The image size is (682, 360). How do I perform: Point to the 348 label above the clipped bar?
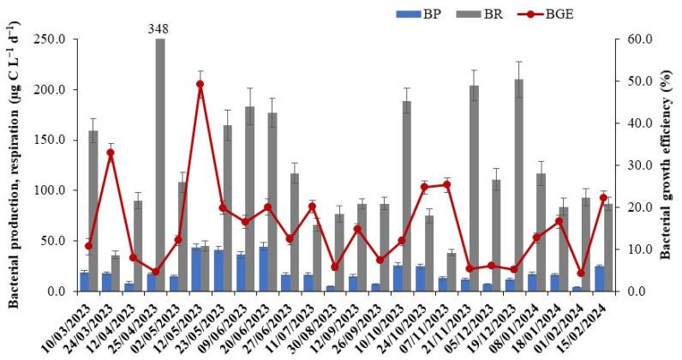[159, 28]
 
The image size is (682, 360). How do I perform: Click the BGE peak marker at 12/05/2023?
[200, 84]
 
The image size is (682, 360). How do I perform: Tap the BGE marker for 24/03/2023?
[111, 153]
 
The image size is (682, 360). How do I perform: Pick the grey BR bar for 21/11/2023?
[474, 188]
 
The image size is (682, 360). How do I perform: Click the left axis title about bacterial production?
[14, 163]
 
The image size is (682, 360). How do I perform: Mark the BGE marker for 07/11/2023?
[446, 184]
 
